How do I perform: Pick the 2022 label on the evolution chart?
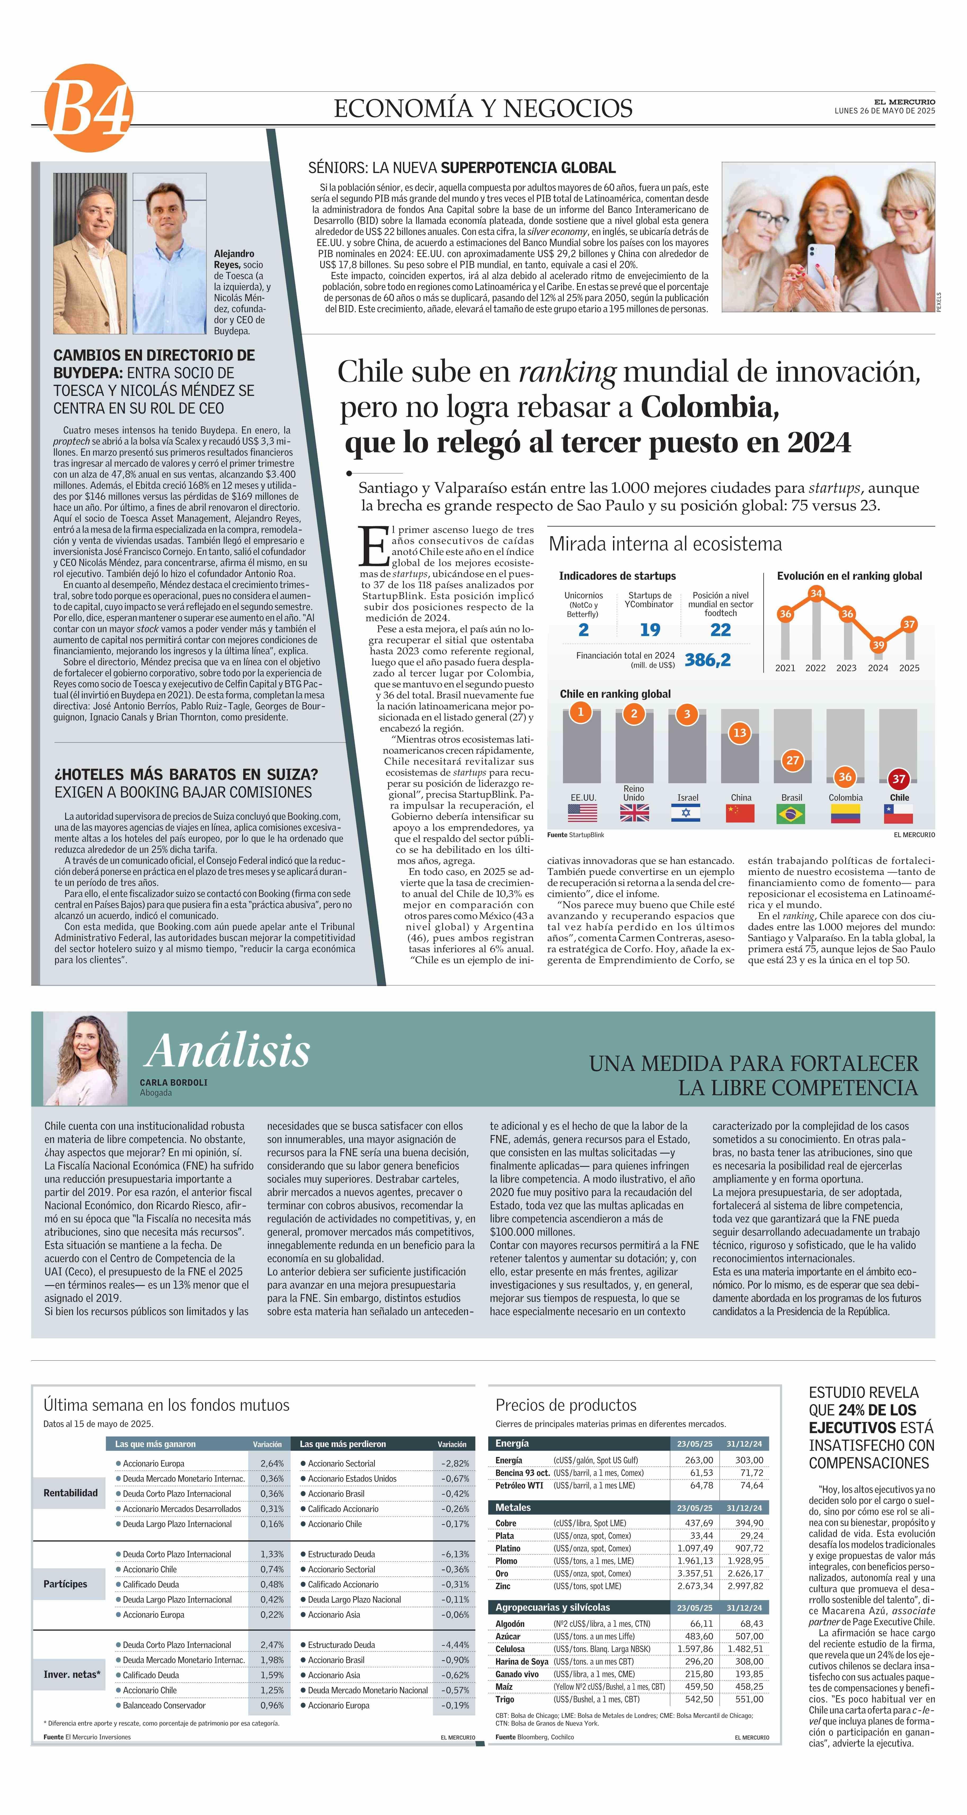[815, 668]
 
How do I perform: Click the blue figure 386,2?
[708, 659]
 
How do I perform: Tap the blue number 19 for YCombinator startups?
[650, 630]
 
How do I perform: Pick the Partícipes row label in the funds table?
[65, 1584]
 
